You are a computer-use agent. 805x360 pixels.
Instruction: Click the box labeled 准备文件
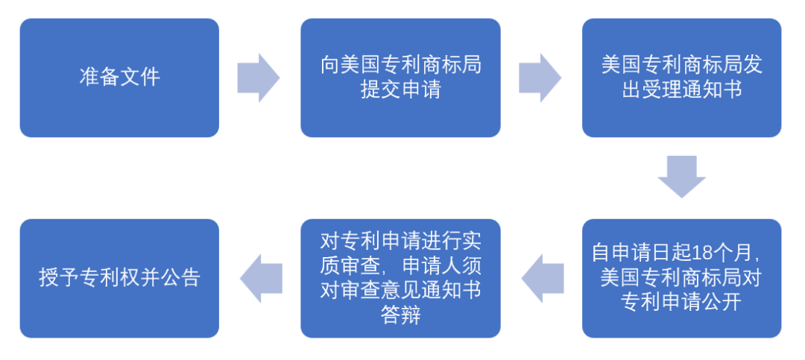[x=119, y=78]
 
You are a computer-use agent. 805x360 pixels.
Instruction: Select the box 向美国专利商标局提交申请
[x=400, y=78]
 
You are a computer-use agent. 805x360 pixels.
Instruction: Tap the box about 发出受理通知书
[x=681, y=78]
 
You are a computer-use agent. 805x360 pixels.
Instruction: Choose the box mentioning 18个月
[x=681, y=278]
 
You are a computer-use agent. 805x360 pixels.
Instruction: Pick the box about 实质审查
[x=400, y=278]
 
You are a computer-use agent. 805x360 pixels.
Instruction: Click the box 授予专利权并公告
[x=119, y=278]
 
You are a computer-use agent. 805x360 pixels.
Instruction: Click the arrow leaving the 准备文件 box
[x=258, y=78]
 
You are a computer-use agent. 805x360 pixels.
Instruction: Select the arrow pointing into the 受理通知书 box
[x=540, y=78]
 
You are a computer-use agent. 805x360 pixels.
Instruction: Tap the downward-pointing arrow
[x=681, y=177]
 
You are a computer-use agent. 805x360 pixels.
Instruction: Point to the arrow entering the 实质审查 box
[x=541, y=278]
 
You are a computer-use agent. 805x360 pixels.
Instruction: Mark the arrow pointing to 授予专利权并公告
[x=260, y=278]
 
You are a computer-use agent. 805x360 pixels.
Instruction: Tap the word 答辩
[x=400, y=315]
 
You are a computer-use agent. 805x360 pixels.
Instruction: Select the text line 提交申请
[x=400, y=90]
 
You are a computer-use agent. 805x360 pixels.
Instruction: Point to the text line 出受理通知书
[x=681, y=90]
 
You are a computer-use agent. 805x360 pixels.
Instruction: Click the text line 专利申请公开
[x=681, y=303]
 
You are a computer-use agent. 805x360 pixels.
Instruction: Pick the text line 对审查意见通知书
[x=400, y=291]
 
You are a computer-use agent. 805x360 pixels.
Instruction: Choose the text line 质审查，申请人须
[x=400, y=265]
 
